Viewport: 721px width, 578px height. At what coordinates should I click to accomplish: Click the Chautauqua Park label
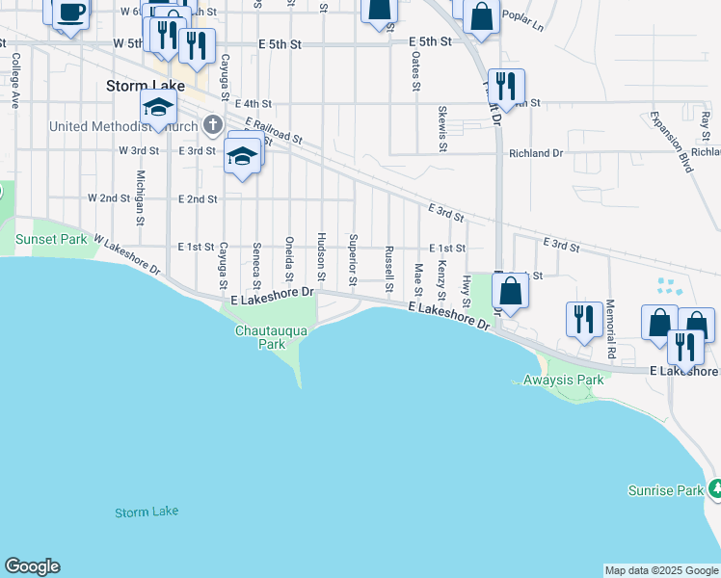point(272,337)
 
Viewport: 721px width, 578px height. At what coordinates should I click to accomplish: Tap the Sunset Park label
point(50,239)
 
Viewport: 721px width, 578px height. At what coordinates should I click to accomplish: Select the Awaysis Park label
point(563,380)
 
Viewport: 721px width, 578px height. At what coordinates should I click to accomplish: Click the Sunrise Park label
point(666,490)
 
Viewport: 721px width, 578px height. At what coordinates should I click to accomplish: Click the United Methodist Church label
point(117,126)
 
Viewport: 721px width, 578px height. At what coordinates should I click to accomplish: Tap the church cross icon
point(212,123)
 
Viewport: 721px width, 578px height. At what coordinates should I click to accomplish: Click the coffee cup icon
point(71,13)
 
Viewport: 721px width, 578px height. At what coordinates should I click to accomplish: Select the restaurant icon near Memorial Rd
point(583,319)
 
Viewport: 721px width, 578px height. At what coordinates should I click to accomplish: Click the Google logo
point(32,566)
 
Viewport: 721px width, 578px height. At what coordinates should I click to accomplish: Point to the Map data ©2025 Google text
point(661,570)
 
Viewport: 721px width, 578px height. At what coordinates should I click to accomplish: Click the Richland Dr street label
point(535,153)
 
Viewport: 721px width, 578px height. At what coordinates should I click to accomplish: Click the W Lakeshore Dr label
point(124,252)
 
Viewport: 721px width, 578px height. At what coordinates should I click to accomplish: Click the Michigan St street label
point(141,197)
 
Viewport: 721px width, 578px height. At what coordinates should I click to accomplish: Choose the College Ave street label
point(15,78)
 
